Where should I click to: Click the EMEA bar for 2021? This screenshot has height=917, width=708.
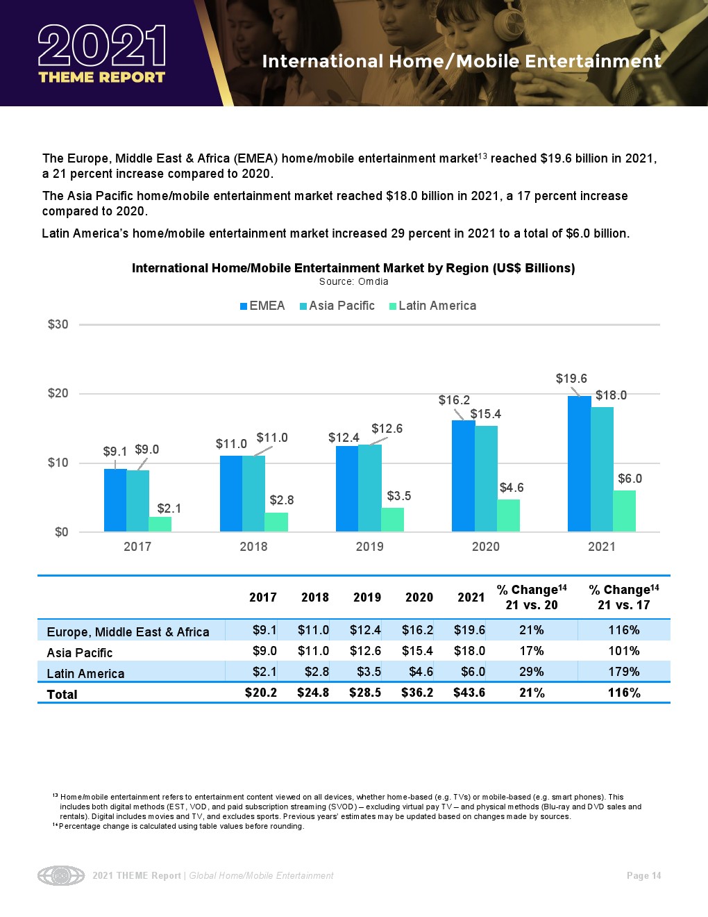tap(579, 463)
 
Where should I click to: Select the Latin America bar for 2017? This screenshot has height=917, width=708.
tap(160, 524)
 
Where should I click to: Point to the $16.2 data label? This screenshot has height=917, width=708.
tap(454, 400)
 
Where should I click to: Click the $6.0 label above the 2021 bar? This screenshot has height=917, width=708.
tap(630, 479)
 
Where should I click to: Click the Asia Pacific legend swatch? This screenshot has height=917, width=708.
tap(303, 306)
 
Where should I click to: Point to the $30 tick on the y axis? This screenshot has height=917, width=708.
tap(58, 324)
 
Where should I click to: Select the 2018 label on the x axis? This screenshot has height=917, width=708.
tap(253, 547)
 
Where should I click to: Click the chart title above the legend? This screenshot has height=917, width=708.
tap(353, 268)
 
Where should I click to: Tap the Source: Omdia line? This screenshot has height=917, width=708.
tap(353, 282)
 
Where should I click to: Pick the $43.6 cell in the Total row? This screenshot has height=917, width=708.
tap(469, 693)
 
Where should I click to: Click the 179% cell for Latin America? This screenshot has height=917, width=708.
tap(623, 672)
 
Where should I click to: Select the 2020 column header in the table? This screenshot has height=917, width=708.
tap(419, 597)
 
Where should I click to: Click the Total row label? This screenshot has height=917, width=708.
tap(62, 694)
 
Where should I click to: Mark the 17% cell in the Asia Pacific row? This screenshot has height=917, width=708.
tap(532, 651)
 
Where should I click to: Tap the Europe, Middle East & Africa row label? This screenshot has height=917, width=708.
tap(128, 631)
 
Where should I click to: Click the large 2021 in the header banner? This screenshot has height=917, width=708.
tap(102, 46)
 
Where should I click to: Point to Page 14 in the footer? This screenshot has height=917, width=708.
tap(643, 876)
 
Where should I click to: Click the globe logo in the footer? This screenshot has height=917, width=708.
tap(61, 875)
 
